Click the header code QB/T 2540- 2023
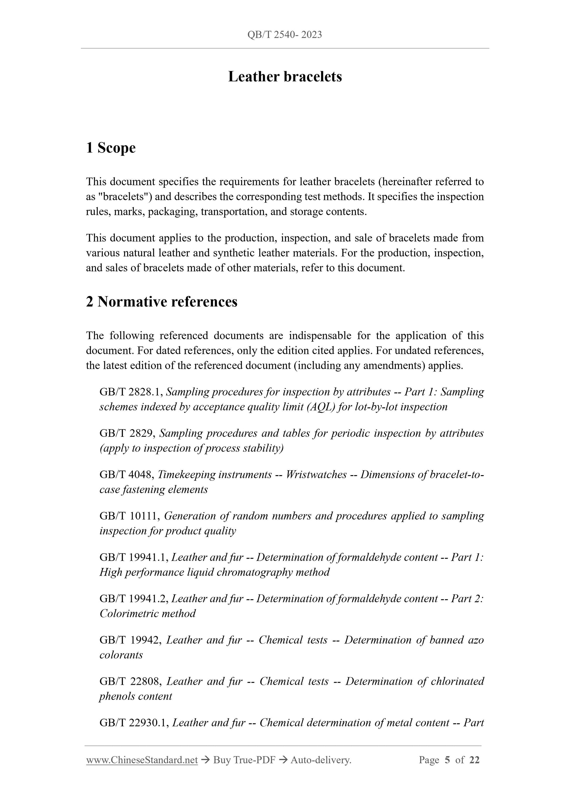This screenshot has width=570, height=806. point(284,35)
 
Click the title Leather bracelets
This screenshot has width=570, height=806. point(285,76)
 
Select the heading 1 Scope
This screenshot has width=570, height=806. point(111,148)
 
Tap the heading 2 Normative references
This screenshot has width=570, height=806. point(162,302)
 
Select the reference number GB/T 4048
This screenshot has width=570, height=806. point(127,475)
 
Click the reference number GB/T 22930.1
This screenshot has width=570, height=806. point(134,723)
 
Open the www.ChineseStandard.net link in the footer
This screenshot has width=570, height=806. point(142,760)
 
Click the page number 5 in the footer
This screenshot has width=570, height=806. point(447,760)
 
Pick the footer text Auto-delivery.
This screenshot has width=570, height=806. point(321,760)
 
